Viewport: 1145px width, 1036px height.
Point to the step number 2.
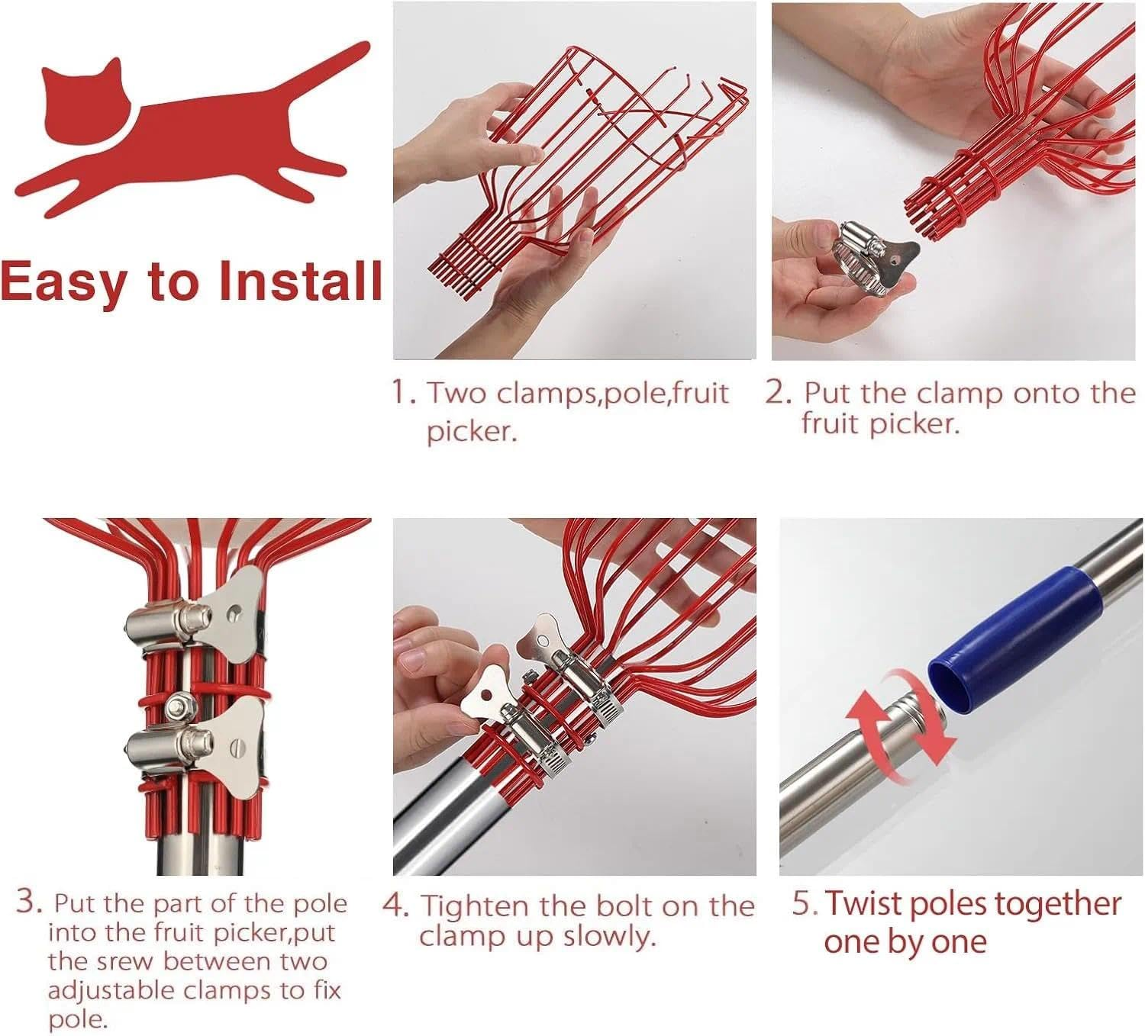point(779,392)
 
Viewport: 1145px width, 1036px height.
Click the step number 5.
point(805,903)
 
